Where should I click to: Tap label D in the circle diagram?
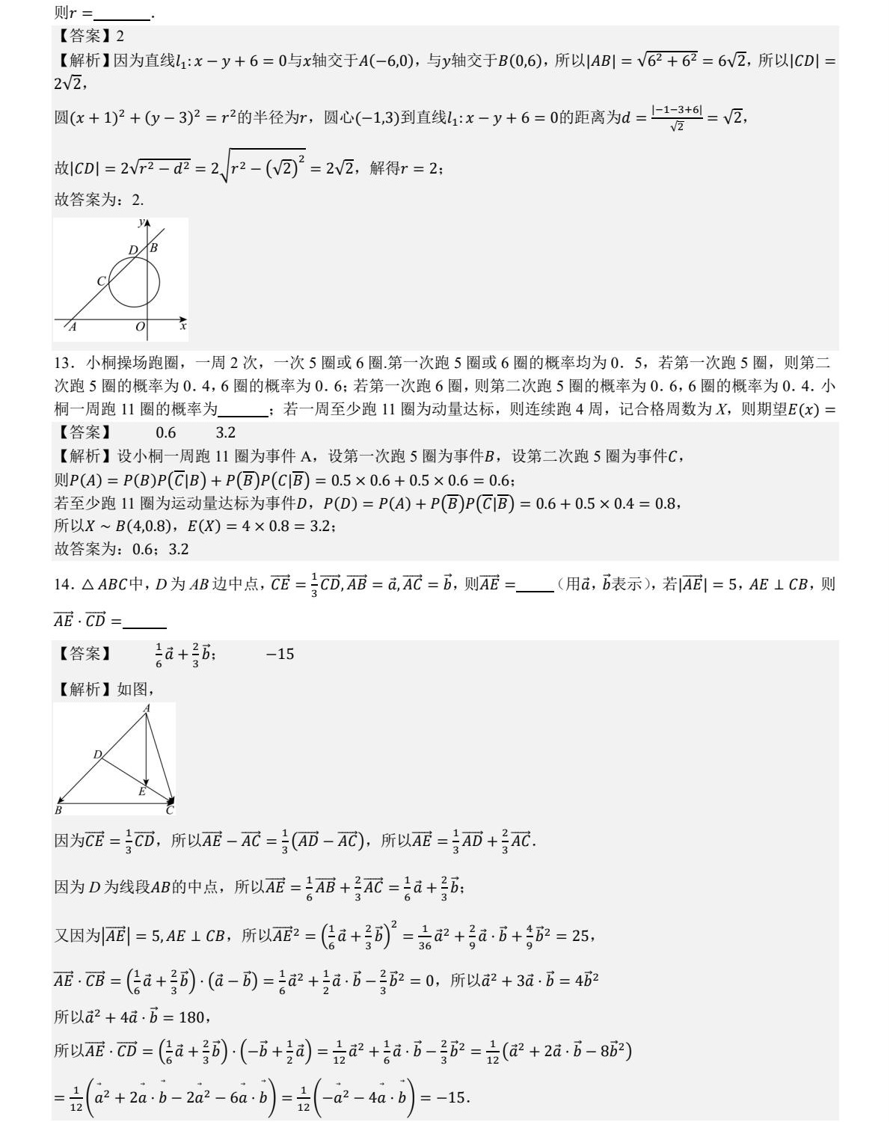coord(133,250)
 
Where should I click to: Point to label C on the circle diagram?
coord(102,281)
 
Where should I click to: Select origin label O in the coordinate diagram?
coord(140,327)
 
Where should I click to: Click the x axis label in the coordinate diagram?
coord(182,326)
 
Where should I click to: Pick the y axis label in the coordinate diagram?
coord(141,222)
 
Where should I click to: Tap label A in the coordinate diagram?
coord(73,327)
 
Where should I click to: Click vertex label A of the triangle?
coord(147,708)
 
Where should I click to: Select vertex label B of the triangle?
coord(59,810)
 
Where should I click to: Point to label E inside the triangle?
coord(141,791)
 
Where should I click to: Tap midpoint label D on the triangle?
coord(97,755)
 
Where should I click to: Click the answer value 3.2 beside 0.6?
coord(226,432)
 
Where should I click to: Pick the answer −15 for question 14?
coord(280,654)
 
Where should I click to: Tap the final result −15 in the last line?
coord(452,1098)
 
